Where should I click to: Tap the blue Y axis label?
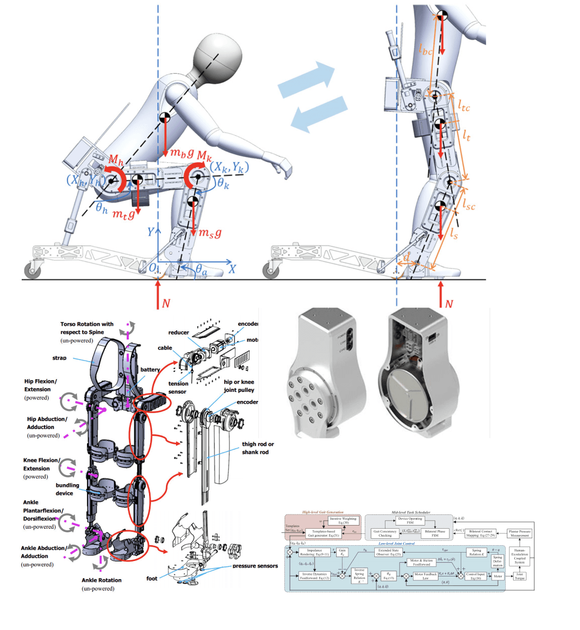151,232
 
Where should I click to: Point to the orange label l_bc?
426,50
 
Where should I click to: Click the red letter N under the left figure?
166,303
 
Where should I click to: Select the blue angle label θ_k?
223,184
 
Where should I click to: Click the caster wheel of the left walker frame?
33,272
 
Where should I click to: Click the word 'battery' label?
150,370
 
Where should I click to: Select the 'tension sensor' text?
178,388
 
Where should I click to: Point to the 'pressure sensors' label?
255,566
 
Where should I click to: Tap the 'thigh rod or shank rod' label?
258,448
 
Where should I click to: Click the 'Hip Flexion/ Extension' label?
40,385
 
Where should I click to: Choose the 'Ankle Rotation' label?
101,580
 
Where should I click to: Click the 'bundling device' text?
67,489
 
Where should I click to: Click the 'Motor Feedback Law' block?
425,576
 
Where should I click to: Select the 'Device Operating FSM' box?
410,520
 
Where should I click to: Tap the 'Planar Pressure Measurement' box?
520,533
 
